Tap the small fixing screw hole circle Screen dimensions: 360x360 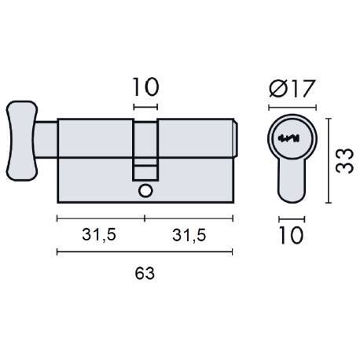pos(145,191)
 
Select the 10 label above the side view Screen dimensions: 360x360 pos(145,85)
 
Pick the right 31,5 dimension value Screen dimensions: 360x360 pos(189,235)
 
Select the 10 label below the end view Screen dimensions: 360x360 pos(291,235)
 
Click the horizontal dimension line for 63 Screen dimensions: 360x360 pos(145,252)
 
